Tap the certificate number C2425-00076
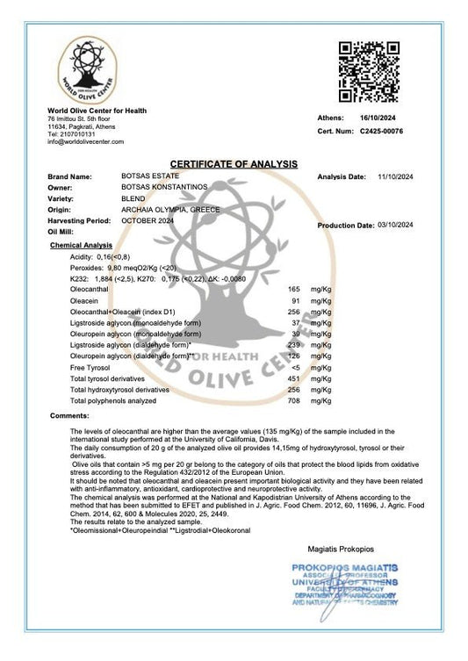pyautogui.click(x=381, y=131)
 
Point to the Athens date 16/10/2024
pyautogui.click(x=379, y=117)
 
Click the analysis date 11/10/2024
pyautogui.click(x=393, y=176)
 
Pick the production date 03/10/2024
pyautogui.click(x=394, y=226)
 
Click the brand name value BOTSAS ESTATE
pyautogui.click(x=150, y=176)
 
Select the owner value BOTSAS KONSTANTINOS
pyautogui.click(x=164, y=188)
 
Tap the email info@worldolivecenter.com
pyautogui.click(x=85, y=141)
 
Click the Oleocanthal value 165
pyautogui.click(x=294, y=288)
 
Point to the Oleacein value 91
pyautogui.click(x=296, y=299)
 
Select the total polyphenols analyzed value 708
pyautogui.click(x=294, y=400)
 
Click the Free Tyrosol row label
pyautogui.click(x=90, y=367)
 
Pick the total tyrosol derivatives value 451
pyautogui.click(x=294, y=378)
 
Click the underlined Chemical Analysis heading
pyautogui.click(x=82, y=245)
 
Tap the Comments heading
pyautogui.click(x=69, y=414)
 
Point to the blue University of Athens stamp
pyautogui.click(x=346, y=587)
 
